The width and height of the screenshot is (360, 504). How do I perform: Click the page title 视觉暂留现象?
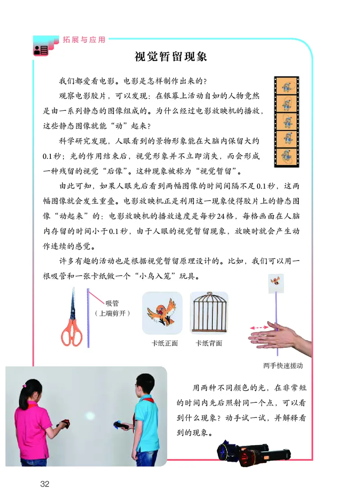tap(171, 57)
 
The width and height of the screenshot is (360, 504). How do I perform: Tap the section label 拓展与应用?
tap(83, 40)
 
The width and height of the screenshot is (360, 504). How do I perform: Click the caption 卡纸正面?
tap(165, 343)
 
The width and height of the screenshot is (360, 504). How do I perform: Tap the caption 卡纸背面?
tap(209, 343)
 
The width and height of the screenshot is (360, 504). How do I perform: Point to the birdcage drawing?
tap(209, 313)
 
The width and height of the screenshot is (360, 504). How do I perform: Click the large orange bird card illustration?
tap(162, 312)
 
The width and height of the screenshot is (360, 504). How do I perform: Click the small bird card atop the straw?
tap(276, 282)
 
